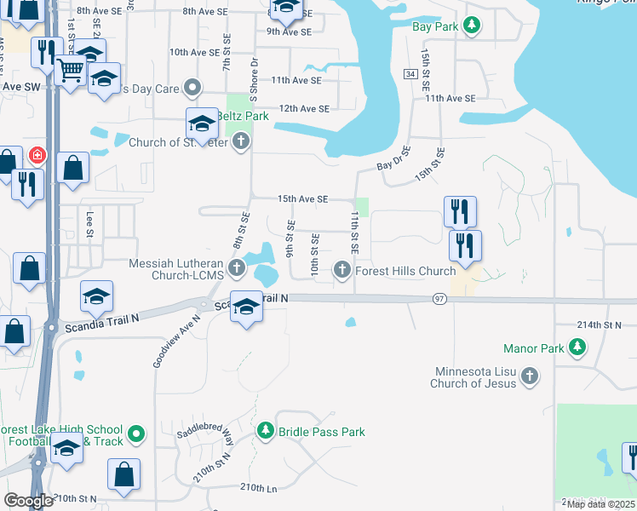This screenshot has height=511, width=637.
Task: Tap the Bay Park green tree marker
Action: point(472,26)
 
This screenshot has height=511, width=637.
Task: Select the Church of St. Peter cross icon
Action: point(241,141)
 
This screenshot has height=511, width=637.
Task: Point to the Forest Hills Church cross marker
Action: point(342,271)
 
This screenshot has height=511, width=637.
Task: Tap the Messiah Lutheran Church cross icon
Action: point(237,271)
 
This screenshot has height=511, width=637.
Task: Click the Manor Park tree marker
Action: point(577,347)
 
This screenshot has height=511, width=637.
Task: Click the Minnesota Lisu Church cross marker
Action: point(529,377)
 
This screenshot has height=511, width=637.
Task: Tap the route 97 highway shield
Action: point(439,299)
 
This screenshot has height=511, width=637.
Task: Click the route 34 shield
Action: point(410,75)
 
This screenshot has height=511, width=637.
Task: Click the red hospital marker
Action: point(37,156)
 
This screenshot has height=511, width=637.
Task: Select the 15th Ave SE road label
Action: point(302,198)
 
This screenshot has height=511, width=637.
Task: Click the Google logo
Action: point(28,501)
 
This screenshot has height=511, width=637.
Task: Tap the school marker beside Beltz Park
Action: point(202,125)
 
